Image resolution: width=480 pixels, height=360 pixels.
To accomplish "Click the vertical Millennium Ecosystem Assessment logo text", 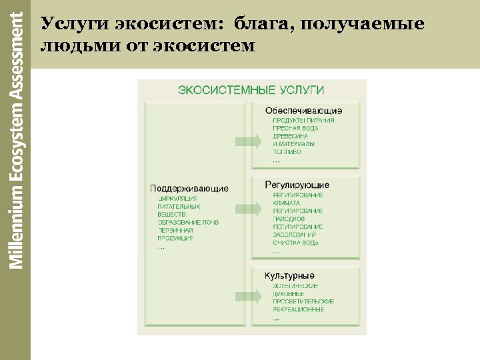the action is (16, 139).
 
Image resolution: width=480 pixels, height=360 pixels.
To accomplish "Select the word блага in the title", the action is (262, 25).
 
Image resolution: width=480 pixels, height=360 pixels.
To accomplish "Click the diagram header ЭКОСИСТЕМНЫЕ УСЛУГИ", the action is (251, 90).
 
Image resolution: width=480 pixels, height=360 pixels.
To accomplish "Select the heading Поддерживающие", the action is (189, 188).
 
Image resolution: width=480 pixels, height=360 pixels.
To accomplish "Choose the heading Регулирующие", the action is (297, 185).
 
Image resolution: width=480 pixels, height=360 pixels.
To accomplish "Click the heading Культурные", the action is (289, 275).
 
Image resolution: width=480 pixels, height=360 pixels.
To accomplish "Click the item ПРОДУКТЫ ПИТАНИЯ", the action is (303, 121).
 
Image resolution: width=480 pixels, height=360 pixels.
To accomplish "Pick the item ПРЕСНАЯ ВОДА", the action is (295, 128).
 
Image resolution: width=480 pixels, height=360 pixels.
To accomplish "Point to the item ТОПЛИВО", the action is (287, 152).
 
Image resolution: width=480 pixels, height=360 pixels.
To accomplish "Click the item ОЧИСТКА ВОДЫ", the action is (295, 243).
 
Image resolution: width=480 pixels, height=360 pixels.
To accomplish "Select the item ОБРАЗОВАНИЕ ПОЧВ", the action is (188, 222).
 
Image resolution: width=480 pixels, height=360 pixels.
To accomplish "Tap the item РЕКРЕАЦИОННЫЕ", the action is (298, 309).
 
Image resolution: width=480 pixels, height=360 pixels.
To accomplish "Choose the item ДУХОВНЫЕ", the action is (289, 294).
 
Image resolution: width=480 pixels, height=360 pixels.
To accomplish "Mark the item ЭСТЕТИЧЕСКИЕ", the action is (295, 286).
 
